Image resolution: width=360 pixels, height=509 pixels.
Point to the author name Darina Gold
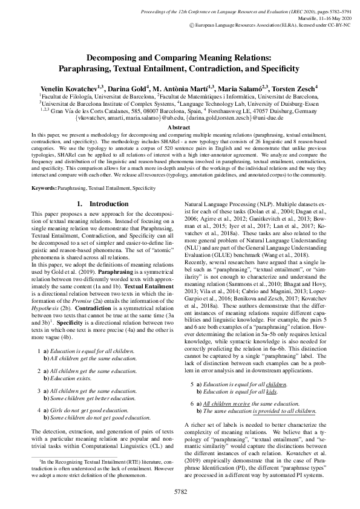128,88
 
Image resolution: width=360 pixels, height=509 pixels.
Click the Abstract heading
180,128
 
